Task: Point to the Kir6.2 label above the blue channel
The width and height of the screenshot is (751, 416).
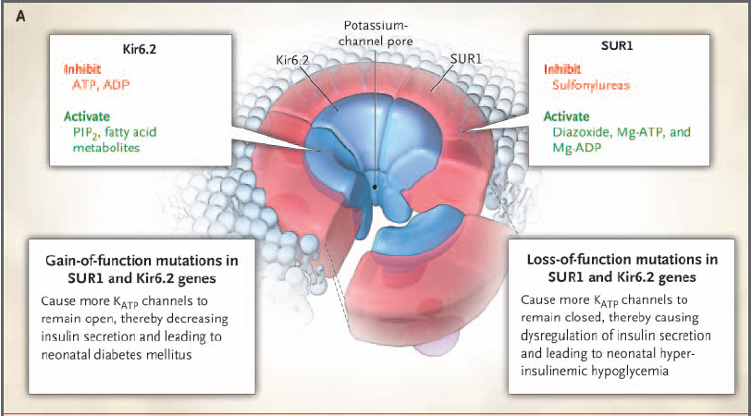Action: (295, 59)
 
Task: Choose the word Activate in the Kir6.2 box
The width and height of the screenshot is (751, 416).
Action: (88, 116)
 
